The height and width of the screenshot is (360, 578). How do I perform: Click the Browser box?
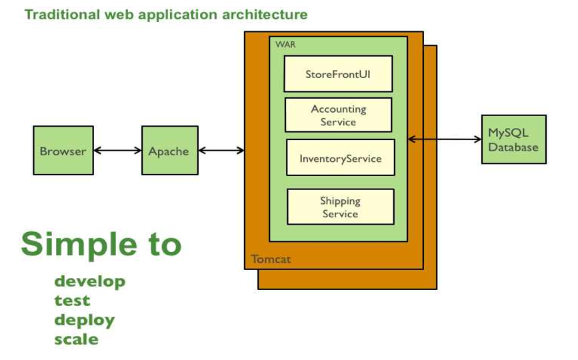[x=63, y=151]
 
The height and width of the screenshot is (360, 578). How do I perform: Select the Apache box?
[x=169, y=151]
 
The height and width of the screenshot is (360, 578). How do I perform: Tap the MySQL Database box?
[x=513, y=139]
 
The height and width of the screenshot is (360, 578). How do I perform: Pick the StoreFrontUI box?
[x=338, y=73]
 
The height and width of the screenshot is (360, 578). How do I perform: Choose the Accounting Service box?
[x=338, y=115]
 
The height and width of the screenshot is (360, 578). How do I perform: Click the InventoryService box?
[x=340, y=158]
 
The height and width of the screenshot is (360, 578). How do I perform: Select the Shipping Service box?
[x=340, y=207]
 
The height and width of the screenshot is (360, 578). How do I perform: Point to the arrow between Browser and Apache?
[x=117, y=151]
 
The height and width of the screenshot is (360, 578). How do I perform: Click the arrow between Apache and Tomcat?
[x=221, y=151]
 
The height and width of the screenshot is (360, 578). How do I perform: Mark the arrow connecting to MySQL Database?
[x=445, y=139]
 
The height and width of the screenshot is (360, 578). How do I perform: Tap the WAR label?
[x=285, y=45]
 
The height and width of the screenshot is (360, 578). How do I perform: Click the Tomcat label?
[x=271, y=259]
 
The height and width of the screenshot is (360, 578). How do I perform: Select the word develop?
[x=89, y=281]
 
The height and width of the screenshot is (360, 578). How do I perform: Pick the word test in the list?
[x=72, y=301]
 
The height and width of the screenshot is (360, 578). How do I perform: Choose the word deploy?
[x=84, y=320]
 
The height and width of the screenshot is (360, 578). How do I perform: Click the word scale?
[x=76, y=339]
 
